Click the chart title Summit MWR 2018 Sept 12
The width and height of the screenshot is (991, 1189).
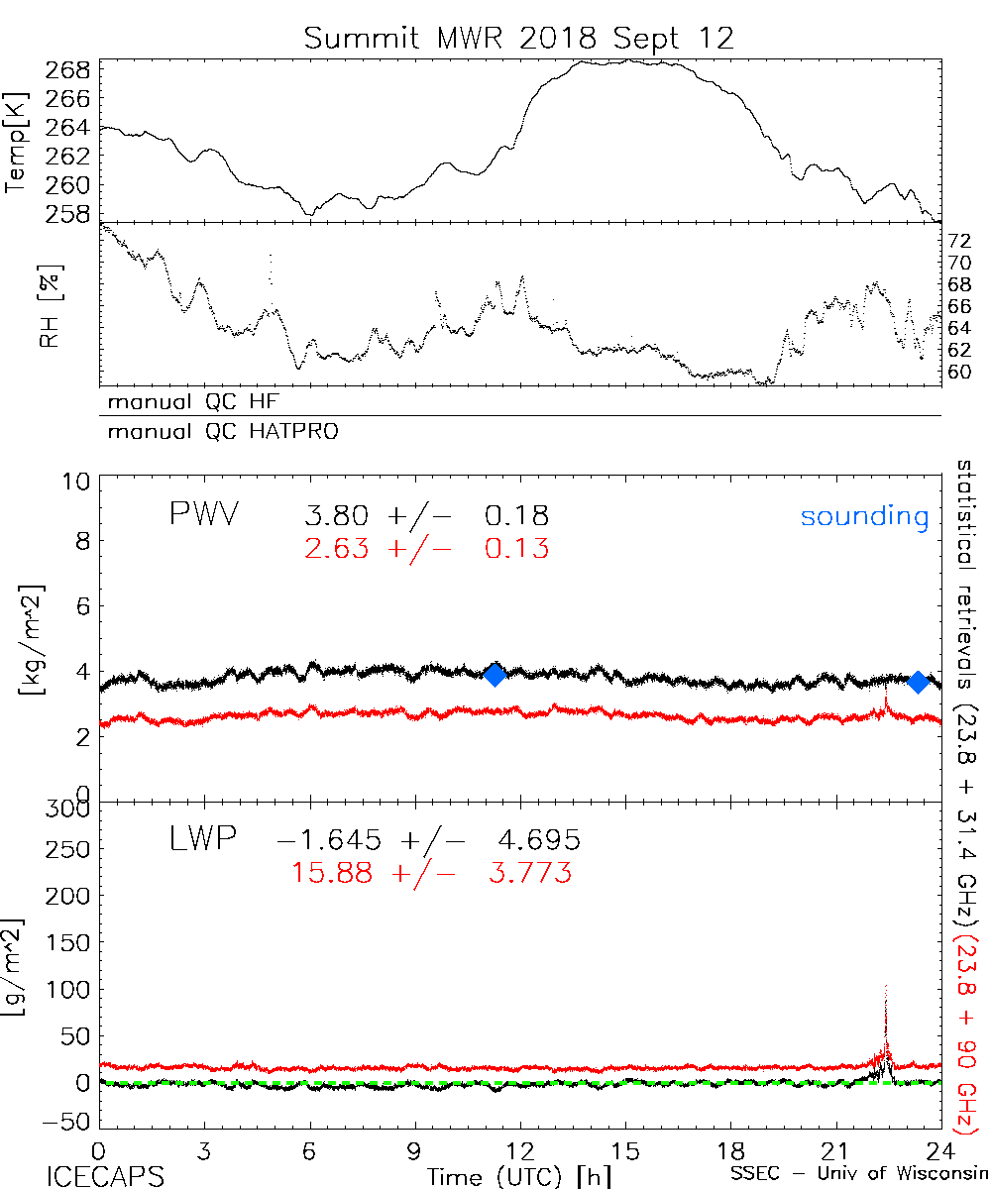(519, 39)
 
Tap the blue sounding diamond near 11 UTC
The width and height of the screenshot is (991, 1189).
(495, 674)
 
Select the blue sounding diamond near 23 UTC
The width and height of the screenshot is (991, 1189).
(918, 682)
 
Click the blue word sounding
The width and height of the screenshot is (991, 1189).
(864, 517)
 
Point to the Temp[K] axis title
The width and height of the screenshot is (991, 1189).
(17, 143)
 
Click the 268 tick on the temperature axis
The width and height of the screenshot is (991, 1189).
(68, 70)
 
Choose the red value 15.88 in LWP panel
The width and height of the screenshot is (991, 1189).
(333, 873)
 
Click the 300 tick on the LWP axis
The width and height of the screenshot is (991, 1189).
(68, 809)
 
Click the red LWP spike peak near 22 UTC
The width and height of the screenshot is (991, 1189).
(885, 988)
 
